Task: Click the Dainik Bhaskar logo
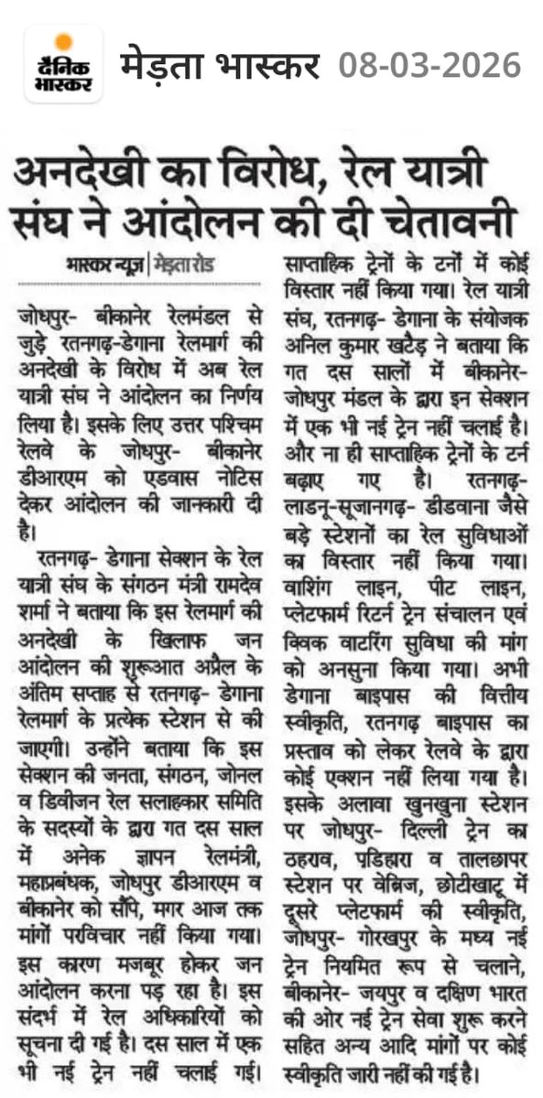63,64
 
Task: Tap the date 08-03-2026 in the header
429,65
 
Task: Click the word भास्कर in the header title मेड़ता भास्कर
269,65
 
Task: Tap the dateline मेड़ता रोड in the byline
193,266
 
